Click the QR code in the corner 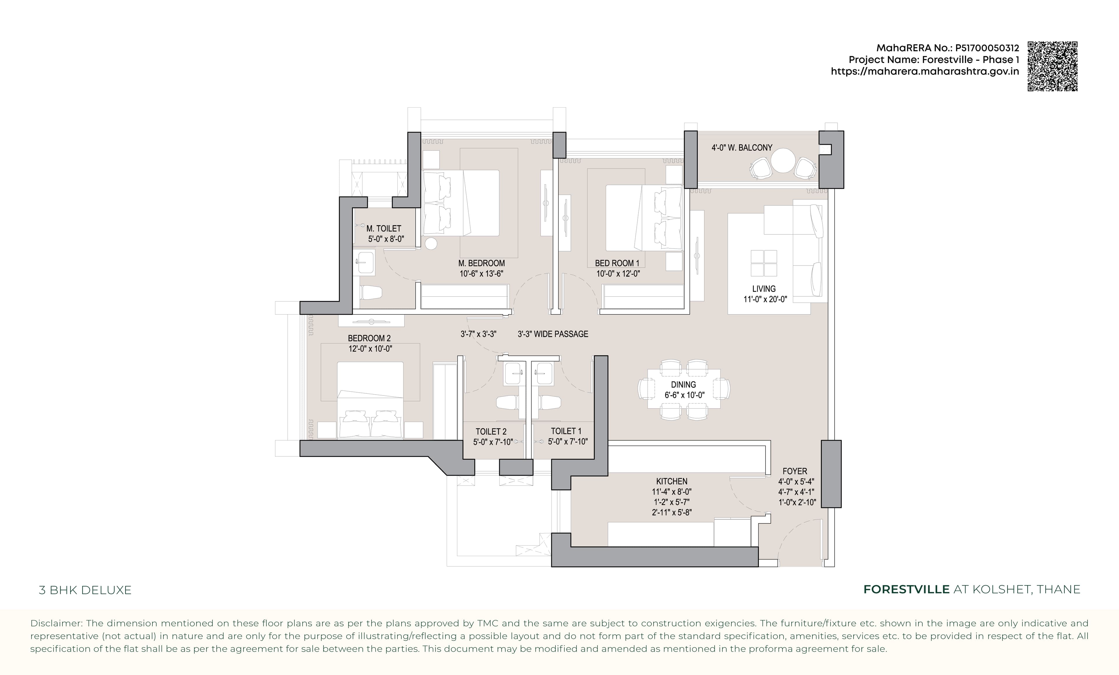(1052, 66)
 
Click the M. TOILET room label (384, 228)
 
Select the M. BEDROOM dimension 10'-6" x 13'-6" (481, 273)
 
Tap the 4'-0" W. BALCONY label (742, 148)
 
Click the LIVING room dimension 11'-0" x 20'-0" (765, 299)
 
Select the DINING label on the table (683, 384)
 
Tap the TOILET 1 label (566, 431)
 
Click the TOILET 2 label (491, 432)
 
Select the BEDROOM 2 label (369, 338)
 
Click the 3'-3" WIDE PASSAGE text (553, 334)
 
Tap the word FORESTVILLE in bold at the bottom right (906, 589)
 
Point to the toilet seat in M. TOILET (370, 293)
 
